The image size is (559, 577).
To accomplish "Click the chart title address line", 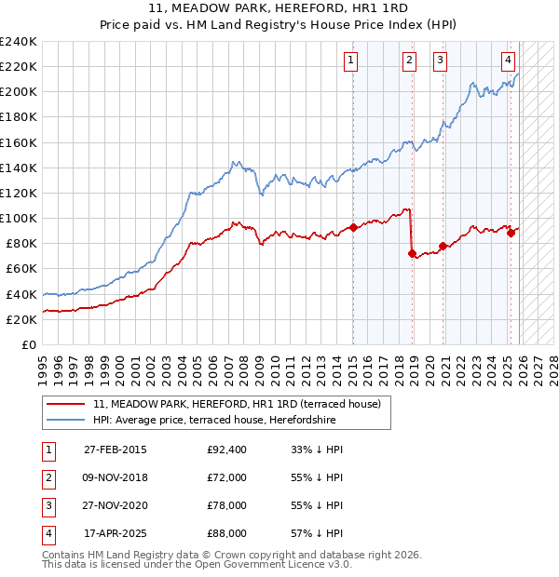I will pyautogui.click(x=279, y=7).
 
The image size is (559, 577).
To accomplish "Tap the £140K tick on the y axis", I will pyautogui.click(x=19, y=168).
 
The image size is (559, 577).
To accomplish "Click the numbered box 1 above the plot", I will pyautogui.click(x=351, y=61).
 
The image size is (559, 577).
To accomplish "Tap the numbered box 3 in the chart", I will pyautogui.click(x=439, y=61).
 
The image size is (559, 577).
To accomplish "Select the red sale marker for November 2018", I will pyautogui.click(x=412, y=253).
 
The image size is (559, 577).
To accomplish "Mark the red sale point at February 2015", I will pyautogui.click(x=354, y=227).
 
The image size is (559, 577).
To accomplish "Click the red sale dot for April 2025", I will pyautogui.click(x=511, y=233).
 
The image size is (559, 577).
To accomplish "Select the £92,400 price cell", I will pyautogui.click(x=227, y=450).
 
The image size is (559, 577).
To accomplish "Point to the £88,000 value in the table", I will pyautogui.click(x=227, y=533).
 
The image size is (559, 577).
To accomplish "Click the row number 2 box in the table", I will pyautogui.click(x=48, y=477).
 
